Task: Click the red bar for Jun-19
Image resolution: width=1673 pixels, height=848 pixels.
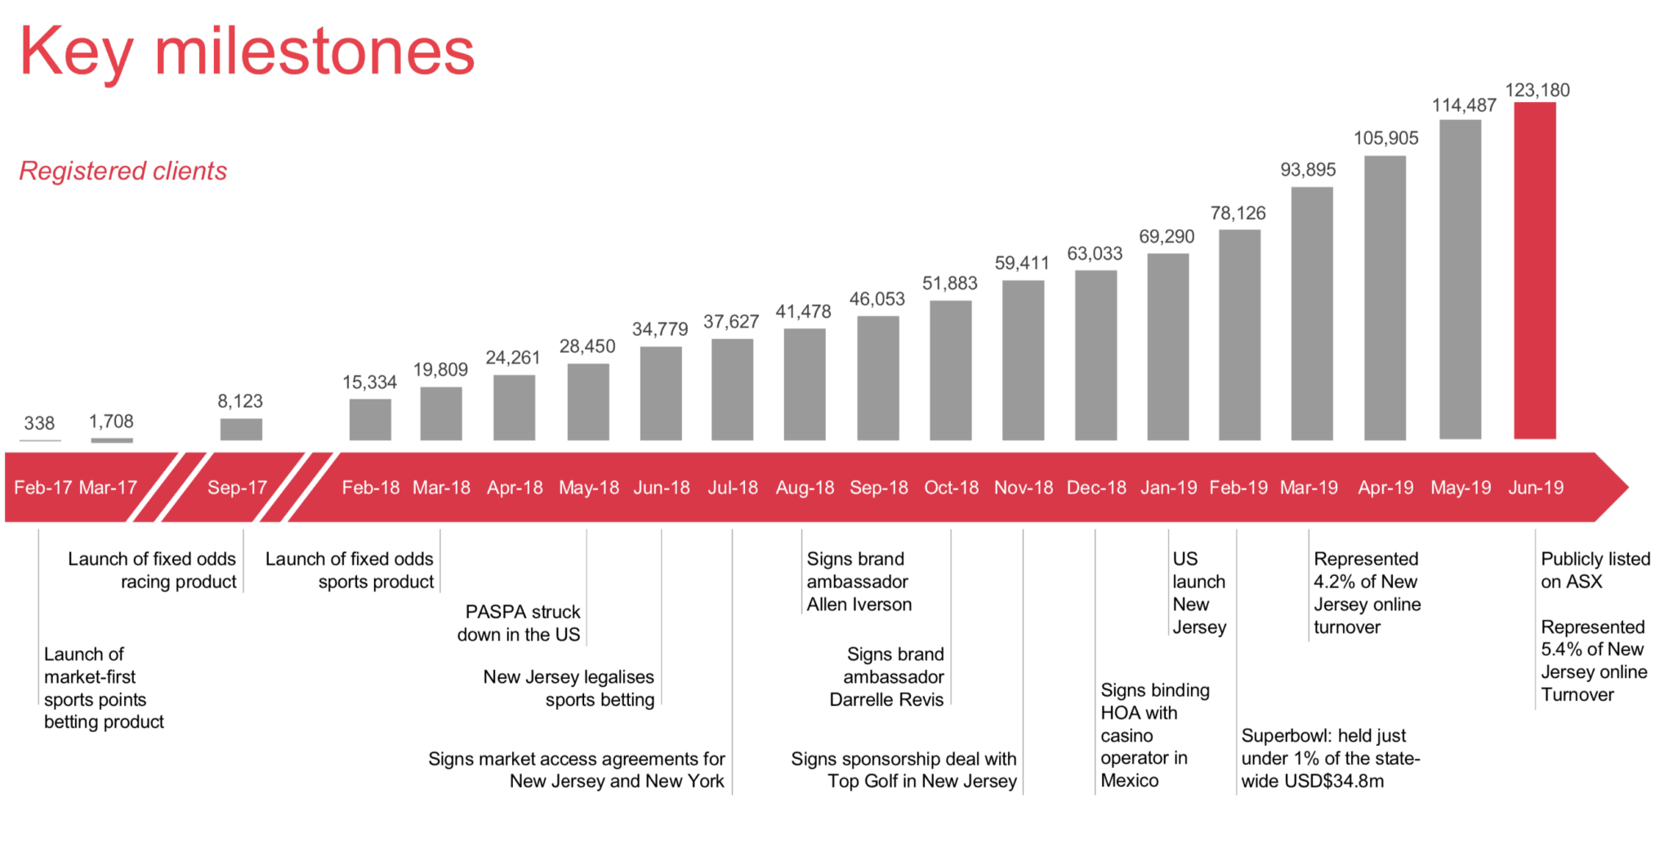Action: [x=1534, y=270]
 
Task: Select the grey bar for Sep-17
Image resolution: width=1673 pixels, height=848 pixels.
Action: [x=241, y=429]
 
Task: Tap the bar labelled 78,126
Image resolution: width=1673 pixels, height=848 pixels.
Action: [x=1239, y=335]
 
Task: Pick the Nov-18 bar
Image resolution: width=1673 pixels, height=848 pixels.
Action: [x=1023, y=359]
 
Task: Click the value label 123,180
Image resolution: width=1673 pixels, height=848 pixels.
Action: [x=1537, y=90]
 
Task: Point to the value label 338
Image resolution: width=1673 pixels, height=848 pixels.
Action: [x=39, y=423]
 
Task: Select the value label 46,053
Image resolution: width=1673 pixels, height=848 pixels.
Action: [x=877, y=299]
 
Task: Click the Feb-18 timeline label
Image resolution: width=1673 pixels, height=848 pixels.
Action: [x=370, y=488]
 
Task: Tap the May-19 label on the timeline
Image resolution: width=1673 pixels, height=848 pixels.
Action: [x=1460, y=488]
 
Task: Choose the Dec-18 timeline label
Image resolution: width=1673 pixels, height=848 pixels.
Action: [x=1096, y=488]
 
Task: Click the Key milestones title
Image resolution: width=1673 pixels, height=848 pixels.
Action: [x=246, y=51]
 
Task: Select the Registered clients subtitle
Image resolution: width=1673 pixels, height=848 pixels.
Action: [x=123, y=171]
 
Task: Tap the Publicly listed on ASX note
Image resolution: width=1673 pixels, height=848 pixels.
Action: [x=1594, y=570]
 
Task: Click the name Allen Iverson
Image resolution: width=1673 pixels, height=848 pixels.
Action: [x=859, y=605]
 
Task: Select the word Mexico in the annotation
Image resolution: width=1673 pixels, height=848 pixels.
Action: [x=1129, y=780]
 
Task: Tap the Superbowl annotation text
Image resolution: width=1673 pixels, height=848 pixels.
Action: [x=1329, y=758]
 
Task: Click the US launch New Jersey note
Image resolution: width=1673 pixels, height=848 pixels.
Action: [x=1198, y=593]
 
